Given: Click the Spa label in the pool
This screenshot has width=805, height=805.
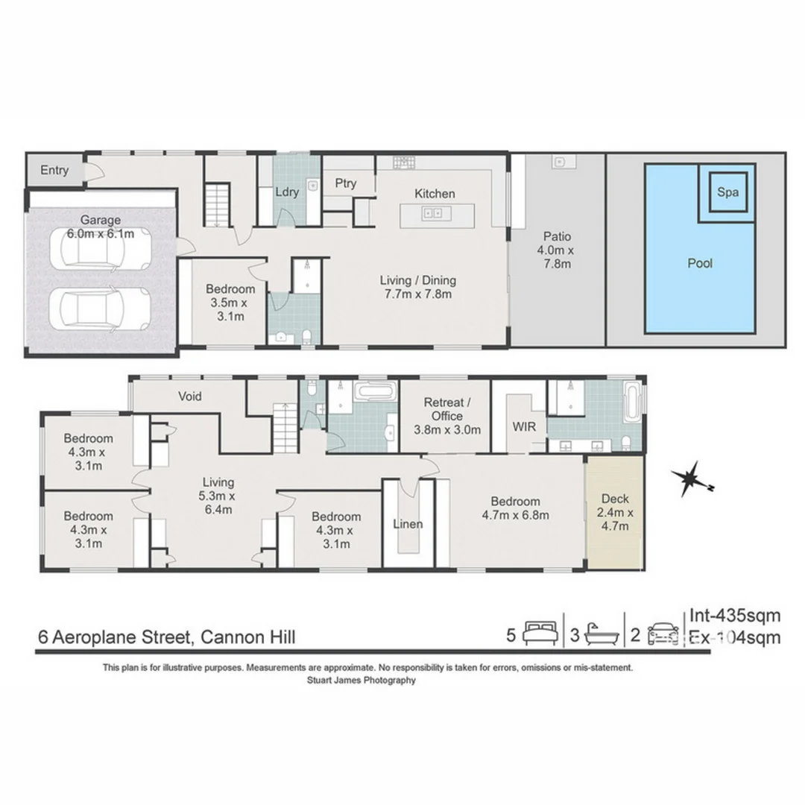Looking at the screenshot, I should (x=727, y=192).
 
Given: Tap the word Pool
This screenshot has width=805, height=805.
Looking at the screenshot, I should (x=699, y=263).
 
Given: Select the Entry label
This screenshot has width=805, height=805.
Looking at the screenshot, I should (x=54, y=171).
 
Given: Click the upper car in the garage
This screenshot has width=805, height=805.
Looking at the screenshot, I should (x=104, y=249).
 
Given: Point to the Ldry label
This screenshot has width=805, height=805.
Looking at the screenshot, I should (x=287, y=192).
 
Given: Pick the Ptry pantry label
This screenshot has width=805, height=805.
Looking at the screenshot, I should (x=345, y=183).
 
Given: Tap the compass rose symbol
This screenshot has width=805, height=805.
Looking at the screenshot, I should (x=692, y=479).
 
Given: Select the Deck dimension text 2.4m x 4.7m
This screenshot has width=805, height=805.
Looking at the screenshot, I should (x=615, y=520).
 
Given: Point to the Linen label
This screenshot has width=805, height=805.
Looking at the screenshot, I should (x=408, y=524).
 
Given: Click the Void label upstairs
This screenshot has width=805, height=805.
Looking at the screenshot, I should (x=189, y=397).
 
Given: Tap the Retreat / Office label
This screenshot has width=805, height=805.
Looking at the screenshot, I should (x=446, y=416).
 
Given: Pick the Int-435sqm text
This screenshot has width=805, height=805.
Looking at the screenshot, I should (x=734, y=616).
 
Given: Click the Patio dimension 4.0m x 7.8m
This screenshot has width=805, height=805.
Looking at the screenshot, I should (x=555, y=256).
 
